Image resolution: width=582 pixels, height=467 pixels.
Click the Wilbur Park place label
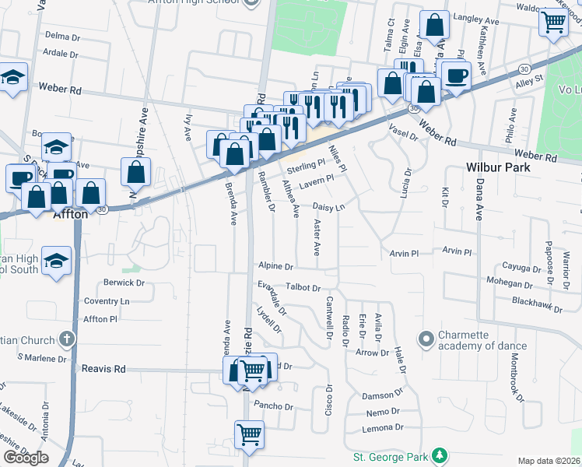coord(497,167)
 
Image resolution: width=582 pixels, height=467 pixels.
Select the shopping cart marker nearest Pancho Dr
coord(249,434)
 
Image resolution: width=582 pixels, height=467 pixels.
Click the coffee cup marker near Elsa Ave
coord(455,76)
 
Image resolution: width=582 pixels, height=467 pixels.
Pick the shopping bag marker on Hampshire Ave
coord(136,172)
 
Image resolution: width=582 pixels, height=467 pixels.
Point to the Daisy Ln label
coord(328,207)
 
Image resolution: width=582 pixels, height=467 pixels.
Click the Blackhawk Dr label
coord(538,305)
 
